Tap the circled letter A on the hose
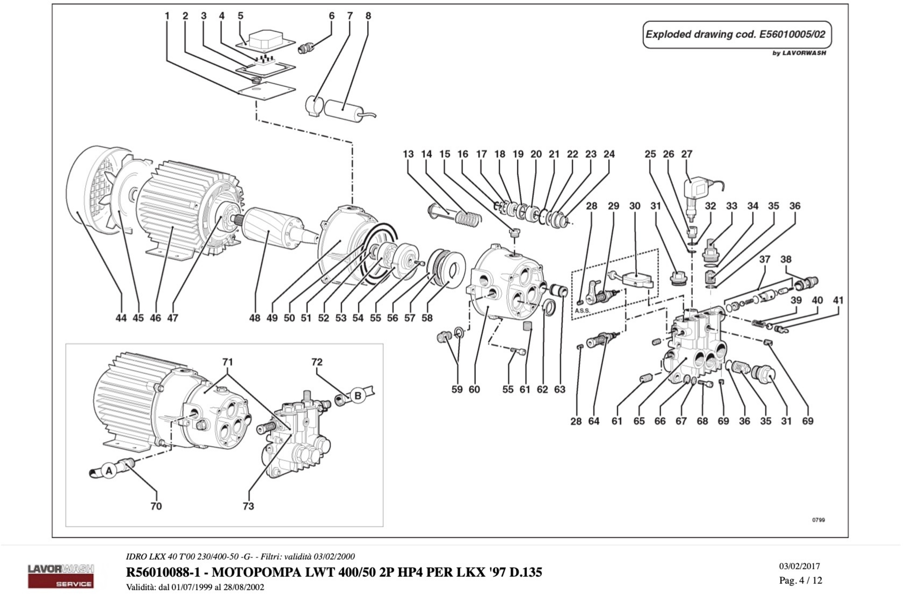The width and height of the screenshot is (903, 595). coord(109,471)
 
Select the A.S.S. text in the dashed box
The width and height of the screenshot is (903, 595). coord(582,310)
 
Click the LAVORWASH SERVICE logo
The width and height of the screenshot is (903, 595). coord(61,576)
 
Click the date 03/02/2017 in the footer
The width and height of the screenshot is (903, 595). coord(800,566)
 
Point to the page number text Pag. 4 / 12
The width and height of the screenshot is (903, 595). coord(801,580)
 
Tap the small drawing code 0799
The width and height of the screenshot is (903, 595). coord(818,520)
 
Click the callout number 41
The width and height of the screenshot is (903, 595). coord(838,300)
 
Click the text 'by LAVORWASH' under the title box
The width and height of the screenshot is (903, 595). coord(799,53)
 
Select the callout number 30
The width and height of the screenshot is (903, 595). coord(635,206)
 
